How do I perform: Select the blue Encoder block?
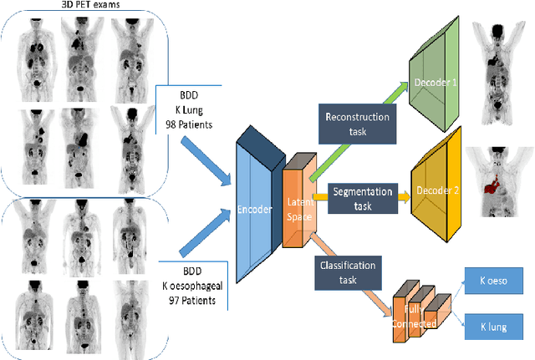[x=257, y=209]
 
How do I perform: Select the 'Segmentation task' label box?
[x=362, y=196]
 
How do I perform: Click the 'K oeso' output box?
[x=498, y=281]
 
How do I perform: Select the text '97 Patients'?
[x=200, y=298]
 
